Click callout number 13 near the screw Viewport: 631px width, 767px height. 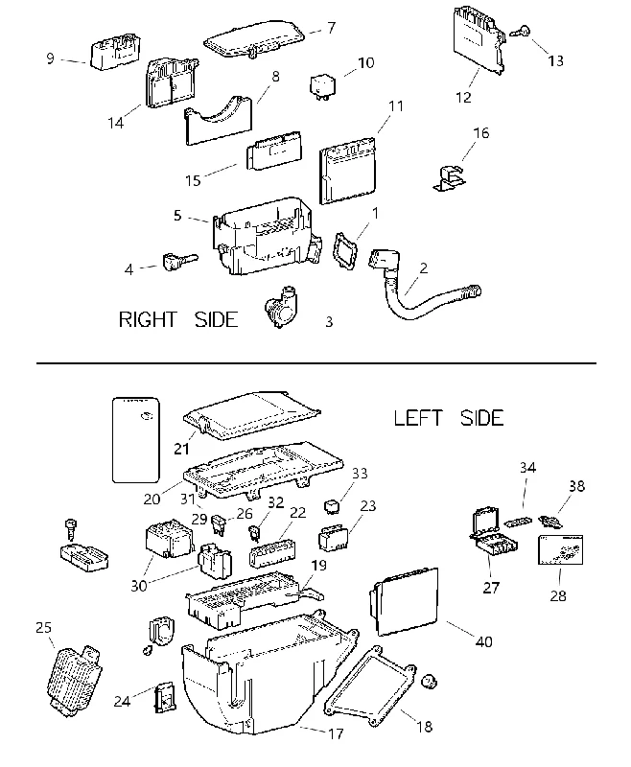point(555,60)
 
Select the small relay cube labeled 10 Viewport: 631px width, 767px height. point(322,86)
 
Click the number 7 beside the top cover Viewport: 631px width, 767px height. point(332,28)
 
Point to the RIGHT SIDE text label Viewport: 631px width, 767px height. point(178,319)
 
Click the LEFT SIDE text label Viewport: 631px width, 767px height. point(449,418)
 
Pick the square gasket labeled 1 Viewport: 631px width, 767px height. point(345,251)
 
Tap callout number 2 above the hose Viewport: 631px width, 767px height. point(424,268)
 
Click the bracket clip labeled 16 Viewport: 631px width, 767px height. point(450,178)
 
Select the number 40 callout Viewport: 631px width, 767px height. point(483,641)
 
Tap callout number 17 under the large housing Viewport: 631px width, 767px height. point(336,733)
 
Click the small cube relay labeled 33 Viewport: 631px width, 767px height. point(332,505)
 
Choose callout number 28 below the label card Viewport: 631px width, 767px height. point(557,595)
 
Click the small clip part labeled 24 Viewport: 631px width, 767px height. point(165,697)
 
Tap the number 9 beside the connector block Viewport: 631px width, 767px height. point(50,58)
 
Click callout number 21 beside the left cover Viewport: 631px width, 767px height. point(181,449)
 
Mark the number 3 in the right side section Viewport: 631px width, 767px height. point(329,322)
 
